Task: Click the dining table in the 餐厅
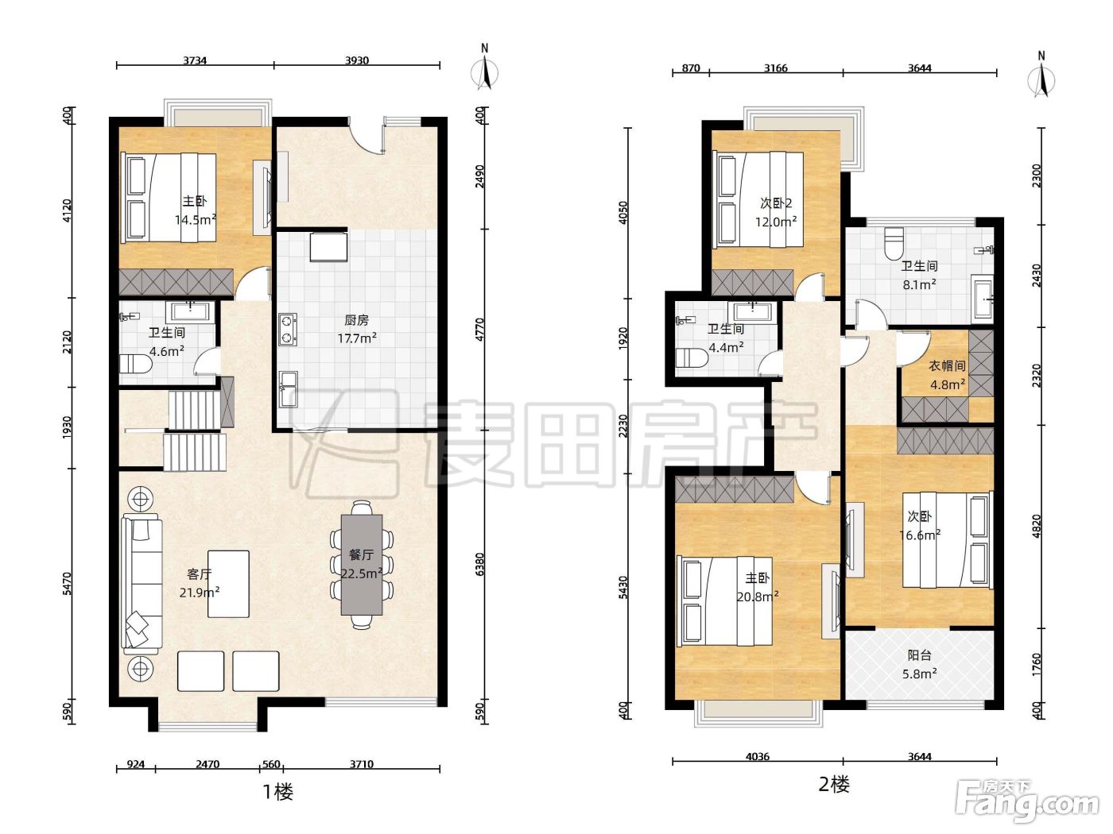(x=362, y=565)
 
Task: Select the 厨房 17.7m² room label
(x=357, y=329)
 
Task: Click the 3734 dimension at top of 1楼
(x=195, y=61)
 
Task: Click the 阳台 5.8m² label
(x=919, y=664)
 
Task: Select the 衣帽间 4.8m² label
(x=947, y=375)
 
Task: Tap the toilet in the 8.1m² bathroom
(x=894, y=243)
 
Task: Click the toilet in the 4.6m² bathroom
(x=136, y=364)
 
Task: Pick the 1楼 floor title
(x=278, y=792)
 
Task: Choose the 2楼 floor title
(x=834, y=785)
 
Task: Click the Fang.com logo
(x=1026, y=801)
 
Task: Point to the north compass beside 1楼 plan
(x=485, y=69)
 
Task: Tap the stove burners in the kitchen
(x=288, y=330)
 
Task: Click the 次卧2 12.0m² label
(x=776, y=212)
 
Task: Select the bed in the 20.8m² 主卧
(x=725, y=601)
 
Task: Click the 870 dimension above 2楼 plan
(x=691, y=68)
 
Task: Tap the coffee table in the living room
(x=228, y=584)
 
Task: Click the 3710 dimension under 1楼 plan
(x=362, y=764)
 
